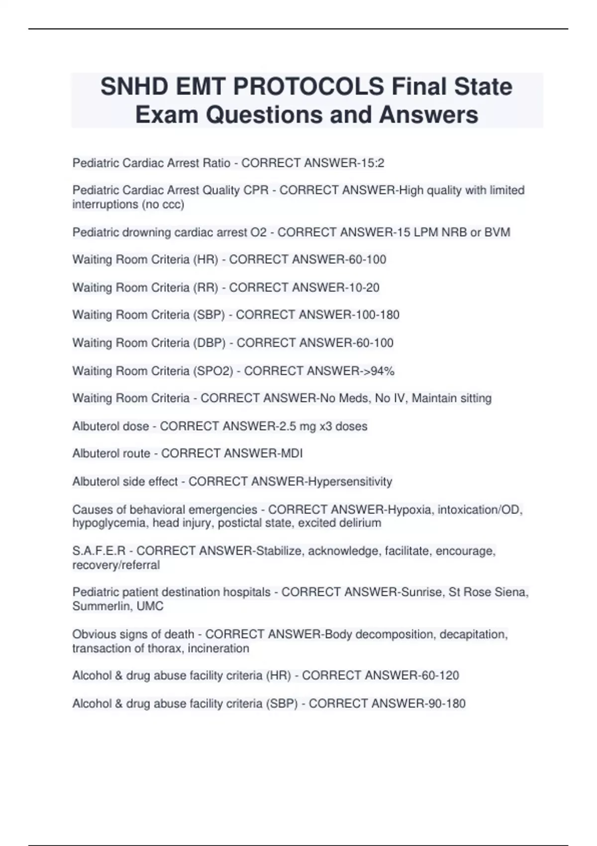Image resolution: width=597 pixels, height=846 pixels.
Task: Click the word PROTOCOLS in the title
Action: [308, 87]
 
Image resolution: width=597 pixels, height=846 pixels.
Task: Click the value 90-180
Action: [446, 704]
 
